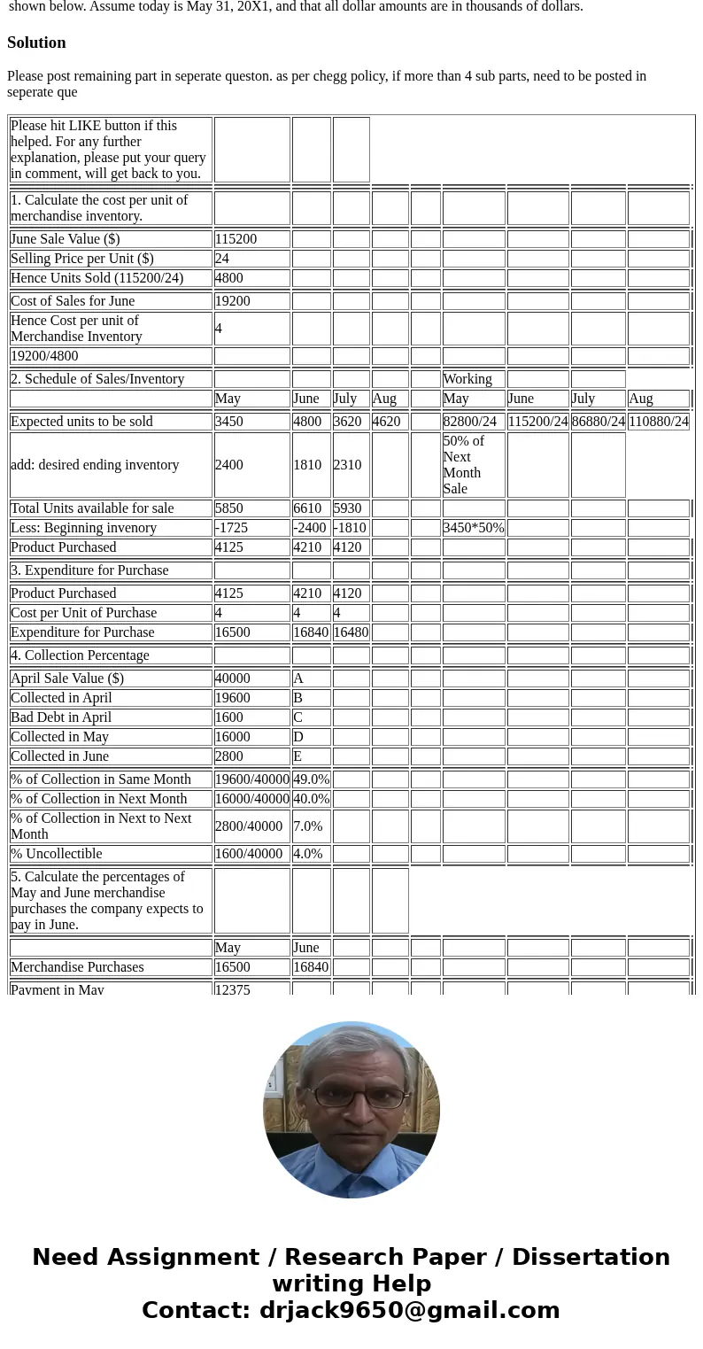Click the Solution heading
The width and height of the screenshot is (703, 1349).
[x=36, y=43]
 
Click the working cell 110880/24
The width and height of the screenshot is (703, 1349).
[x=658, y=422]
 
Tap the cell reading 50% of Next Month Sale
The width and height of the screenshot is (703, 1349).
[x=473, y=465]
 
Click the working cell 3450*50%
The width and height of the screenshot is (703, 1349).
[x=474, y=528]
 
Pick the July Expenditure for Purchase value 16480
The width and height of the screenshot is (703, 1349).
[x=351, y=632]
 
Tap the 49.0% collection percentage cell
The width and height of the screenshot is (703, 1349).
[x=311, y=779]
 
